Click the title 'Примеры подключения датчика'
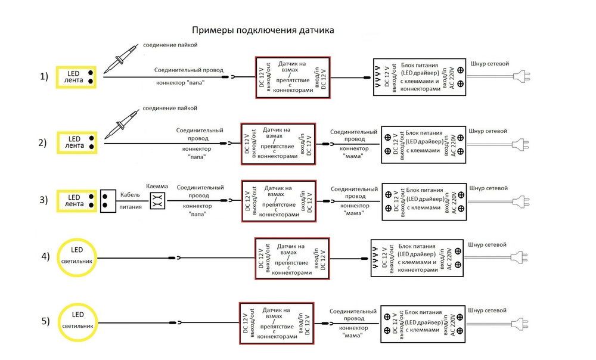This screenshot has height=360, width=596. pos(263,30)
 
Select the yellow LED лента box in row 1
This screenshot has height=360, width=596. pos(77,76)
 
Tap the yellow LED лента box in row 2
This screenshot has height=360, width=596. pos(77,142)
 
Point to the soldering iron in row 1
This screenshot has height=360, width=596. pos(122,60)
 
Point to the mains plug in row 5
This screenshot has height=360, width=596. pos(521,324)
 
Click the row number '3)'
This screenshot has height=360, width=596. pos(43,200)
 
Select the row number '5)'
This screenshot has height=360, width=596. pos(45,322)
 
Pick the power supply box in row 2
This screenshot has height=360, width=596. pos(423,144)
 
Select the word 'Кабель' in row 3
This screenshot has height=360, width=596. pos(130,194)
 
